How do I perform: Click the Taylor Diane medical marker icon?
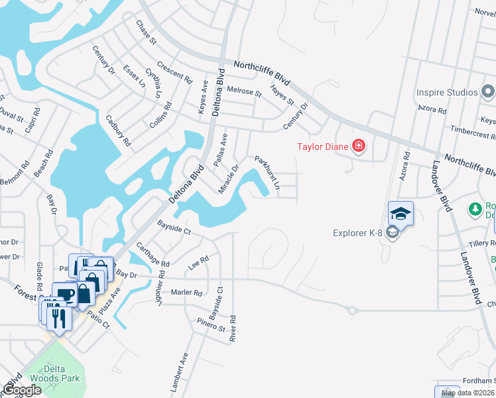(359, 145)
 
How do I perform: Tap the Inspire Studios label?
(447, 92)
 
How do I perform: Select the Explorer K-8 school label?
(359, 232)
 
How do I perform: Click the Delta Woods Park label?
(62, 373)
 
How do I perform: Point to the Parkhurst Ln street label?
(268, 172)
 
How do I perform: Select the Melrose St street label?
(244, 91)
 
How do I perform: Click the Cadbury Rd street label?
(119, 130)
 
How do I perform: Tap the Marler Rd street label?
(186, 292)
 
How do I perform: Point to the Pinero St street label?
(212, 324)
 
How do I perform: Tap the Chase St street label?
(146, 32)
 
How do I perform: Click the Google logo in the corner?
(22, 390)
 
